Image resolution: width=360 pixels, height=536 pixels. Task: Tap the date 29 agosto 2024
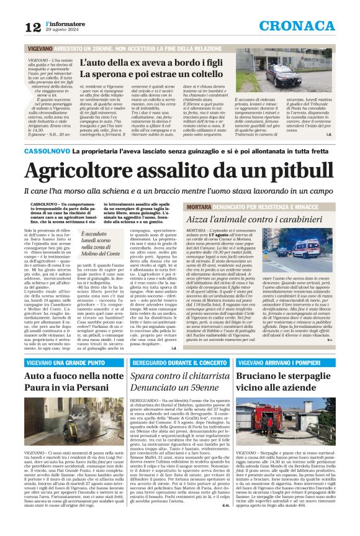pos(63,30)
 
